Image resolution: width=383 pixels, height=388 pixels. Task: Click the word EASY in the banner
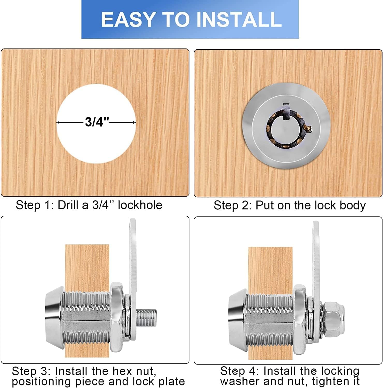coord(128,20)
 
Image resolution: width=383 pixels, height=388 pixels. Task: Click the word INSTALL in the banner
coord(239,20)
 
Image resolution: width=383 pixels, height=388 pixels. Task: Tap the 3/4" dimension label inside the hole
coord(97,122)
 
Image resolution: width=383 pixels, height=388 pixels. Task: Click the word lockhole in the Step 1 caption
coord(140,205)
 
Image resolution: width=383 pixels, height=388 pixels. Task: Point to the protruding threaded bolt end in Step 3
coord(146,318)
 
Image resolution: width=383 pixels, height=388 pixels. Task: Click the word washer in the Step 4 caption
coord(239,381)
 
